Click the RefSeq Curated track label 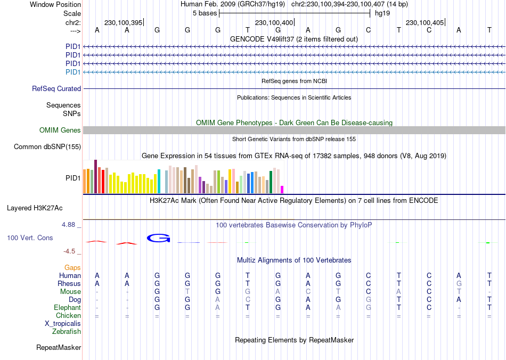56,89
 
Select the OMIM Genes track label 60,130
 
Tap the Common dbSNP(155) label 47,147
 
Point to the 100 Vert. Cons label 30,238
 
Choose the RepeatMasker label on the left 59,348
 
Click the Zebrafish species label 67,332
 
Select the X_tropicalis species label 63,324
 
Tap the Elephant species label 67,308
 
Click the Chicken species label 68,316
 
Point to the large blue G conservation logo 158,238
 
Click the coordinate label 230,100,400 274,23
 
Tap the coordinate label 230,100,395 123,23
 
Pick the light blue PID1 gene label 73,72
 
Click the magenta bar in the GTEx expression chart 282,190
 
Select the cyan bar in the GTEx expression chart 159,181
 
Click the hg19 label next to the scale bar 382,12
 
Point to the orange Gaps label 72,267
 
